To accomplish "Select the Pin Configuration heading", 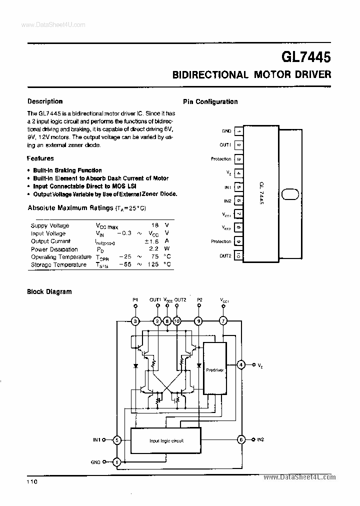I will coord(210,101).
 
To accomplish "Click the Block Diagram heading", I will coord(49,291).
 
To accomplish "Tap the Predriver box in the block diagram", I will coord(214,368).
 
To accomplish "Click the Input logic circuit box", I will coord(165,440).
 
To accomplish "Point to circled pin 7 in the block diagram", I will coord(223,321).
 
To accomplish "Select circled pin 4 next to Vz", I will coord(241,365).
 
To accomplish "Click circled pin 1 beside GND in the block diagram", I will coord(116,462).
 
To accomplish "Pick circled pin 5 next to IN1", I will coord(116,440).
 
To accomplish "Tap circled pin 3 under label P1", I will coord(135,321).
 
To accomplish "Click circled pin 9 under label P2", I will coord(199,321).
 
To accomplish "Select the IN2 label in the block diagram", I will coord(260,440).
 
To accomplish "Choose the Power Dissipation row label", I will coord(54,249).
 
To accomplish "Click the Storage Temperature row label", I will coord(58,264).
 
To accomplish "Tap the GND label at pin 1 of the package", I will coord(226,131).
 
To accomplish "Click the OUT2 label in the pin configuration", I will coord(225,255).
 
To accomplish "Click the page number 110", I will coord(32,481).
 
